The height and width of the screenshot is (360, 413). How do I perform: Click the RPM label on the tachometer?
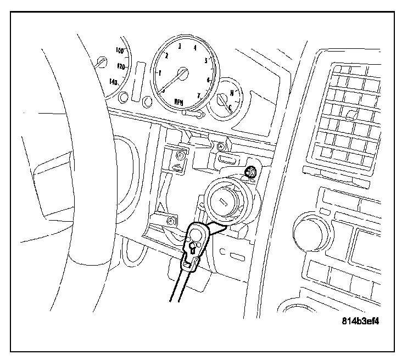click(x=179, y=101)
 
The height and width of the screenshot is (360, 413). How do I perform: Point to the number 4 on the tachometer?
click(x=196, y=47)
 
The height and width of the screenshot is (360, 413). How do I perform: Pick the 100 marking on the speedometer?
click(x=120, y=50)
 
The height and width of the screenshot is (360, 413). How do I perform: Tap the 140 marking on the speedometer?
click(x=114, y=82)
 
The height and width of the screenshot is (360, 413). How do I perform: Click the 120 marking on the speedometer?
click(x=121, y=66)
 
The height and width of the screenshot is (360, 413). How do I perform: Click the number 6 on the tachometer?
click(x=208, y=80)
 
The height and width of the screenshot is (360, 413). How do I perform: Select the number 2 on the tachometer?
click(x=166, y=55)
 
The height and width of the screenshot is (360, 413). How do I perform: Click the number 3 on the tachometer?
click(x=180, y=46)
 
